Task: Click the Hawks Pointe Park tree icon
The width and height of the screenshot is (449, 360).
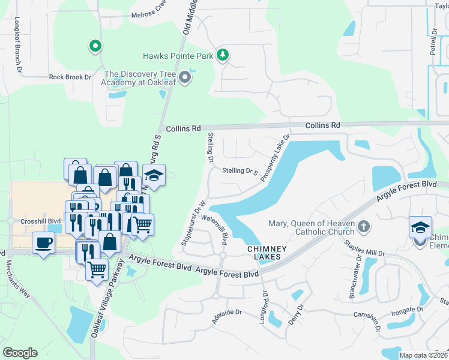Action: tap(223, 55)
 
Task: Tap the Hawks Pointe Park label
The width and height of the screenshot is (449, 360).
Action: tap(178, 56)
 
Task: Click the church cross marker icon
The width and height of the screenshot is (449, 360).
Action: tap(363, 227)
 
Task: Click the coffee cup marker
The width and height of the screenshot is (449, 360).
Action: tap(43, 242)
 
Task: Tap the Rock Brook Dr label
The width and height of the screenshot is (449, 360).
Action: tap(70, 77)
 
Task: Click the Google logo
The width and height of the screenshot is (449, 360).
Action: tap(20, 353)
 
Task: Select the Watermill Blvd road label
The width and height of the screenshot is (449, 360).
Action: tap(218, 229)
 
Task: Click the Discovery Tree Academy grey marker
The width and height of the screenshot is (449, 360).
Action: tap(185, 78)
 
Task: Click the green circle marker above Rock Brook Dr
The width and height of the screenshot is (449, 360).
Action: tap(94, 46)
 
